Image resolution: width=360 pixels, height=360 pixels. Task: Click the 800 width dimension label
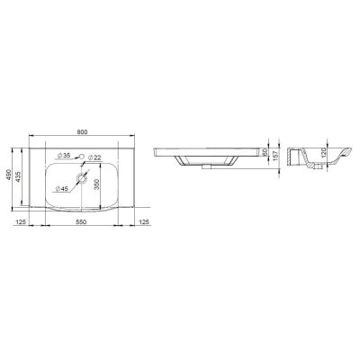[82, 132]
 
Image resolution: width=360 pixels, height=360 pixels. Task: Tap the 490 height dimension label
[8, 175]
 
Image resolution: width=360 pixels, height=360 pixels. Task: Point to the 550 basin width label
[81, 222]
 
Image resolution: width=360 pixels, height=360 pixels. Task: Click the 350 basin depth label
[96, 184]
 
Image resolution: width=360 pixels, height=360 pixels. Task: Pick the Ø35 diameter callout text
[63, 156]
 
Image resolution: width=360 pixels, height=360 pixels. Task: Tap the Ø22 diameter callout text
[94, 157]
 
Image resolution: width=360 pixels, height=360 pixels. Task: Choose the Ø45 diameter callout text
[62, 189]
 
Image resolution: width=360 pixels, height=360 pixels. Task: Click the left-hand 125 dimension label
[21, 222]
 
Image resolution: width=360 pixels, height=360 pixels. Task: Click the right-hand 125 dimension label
[144, 222]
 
